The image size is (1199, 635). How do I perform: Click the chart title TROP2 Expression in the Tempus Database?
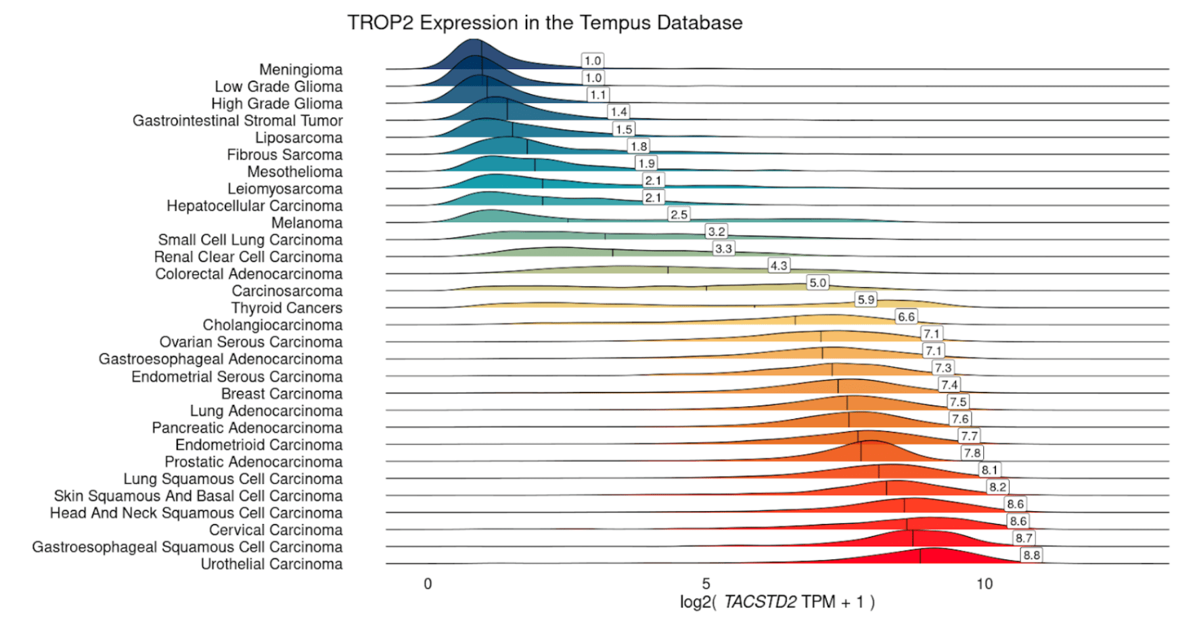tap(545, 23)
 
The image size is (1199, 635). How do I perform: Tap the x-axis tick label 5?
tap(706, 584)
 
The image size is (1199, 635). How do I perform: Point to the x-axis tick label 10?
tap(984, 584)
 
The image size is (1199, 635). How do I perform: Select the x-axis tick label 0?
tap(428, 584)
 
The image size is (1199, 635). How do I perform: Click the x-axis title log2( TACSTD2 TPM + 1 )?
tap(777, 602)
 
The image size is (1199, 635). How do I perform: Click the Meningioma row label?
tap(300, 70)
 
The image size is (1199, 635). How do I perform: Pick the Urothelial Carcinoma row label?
tap(271, 564)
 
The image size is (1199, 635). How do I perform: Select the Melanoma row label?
tap(307, 223)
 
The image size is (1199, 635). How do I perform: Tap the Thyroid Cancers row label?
tap(287, 308)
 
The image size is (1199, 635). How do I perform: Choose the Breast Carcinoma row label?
tap(281, 393)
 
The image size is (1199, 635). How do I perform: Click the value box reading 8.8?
tap(1031, 555)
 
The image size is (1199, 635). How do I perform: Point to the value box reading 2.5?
tap(679, 215)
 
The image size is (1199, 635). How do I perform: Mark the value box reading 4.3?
tap(779, 265)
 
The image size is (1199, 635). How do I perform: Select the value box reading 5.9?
tap(865, 299)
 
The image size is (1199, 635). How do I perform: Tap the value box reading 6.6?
tap(906, 317)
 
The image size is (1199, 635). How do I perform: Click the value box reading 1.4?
tap(618, 112)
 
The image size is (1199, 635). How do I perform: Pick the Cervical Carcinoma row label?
tap(275, 530)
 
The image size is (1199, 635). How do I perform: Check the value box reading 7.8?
tap(972, 453)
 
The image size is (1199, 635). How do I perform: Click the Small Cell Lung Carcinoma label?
tap(250, 240)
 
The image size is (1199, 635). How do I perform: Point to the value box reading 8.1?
tap(989, 470)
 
